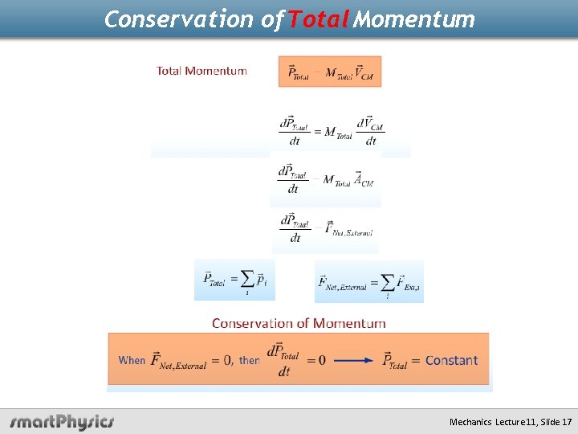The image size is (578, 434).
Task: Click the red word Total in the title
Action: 317,18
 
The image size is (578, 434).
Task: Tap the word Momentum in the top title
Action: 414,18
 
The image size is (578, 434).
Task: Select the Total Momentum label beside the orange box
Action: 201,71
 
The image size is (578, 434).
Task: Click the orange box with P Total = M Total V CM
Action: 330,72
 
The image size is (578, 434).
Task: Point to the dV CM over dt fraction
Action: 370,131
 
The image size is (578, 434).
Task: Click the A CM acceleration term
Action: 363,180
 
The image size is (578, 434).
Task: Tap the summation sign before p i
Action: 247,279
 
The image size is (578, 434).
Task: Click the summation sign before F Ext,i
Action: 389,281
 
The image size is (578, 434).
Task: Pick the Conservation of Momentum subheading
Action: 299,323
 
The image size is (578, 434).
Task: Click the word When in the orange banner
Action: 132,360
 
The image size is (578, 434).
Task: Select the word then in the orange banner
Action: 249,360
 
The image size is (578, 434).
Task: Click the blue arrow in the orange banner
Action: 352,360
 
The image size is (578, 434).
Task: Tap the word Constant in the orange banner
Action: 451,360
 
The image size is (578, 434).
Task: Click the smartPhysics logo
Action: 63,421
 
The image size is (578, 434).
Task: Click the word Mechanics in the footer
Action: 470,422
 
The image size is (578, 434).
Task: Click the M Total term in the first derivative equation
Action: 338,132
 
